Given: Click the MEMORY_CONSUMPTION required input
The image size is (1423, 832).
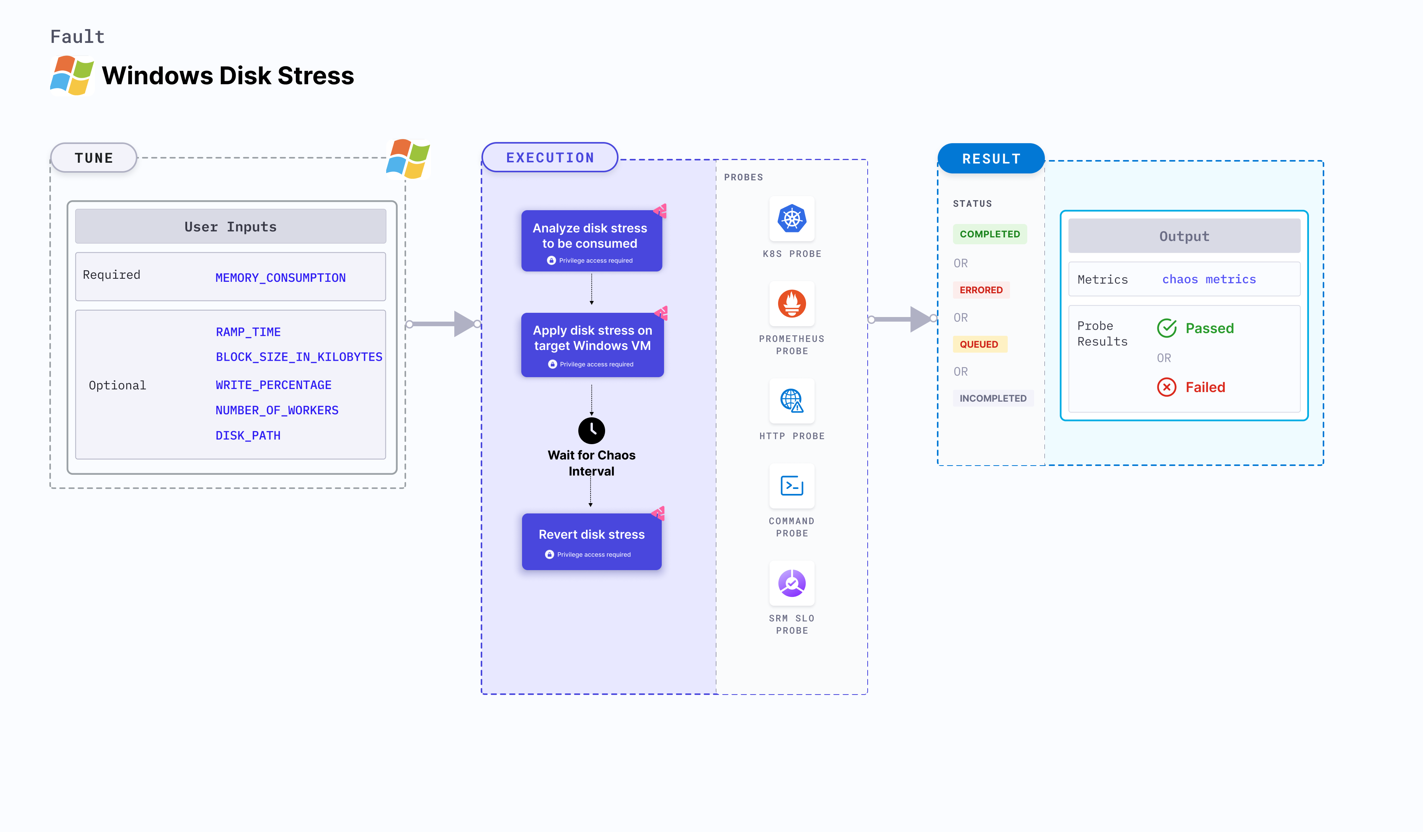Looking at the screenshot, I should click(x=280, y=278).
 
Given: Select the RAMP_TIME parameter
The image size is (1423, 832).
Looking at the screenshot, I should click(x=248, y=332).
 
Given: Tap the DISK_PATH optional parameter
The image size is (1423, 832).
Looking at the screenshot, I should click(x=248, y=435).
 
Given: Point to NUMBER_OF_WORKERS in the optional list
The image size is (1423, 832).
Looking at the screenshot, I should click(x=277, y=410).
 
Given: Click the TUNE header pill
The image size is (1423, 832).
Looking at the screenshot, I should click(x=94, y=158).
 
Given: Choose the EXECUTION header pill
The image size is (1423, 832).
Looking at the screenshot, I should click(x=550, y=158).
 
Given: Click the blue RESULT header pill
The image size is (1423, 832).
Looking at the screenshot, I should click(x=991, y=159).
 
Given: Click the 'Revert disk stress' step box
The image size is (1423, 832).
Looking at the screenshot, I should click(x=591, y=541).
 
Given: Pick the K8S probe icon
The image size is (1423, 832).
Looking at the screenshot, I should click(x=792, y=219).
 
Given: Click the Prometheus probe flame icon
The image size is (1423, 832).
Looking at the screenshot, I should click(x=792, y=304).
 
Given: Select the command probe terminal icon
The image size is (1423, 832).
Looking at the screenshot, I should click(x=792, y=486).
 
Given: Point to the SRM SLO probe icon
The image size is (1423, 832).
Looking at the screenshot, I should click(x=792, y=583).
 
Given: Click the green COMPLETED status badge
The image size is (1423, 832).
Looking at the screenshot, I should click(x=989, y=234).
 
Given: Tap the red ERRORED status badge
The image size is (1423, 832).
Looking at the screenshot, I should click(x=981, y=290).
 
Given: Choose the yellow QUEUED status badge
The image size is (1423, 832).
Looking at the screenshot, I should click(x=979, y=344).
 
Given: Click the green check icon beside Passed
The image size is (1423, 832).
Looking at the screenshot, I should click(x=1167, y=328).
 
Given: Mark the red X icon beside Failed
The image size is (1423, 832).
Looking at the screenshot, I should click(x=1167, y=387).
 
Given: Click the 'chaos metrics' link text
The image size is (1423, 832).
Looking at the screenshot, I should click(x=1208, y=279).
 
